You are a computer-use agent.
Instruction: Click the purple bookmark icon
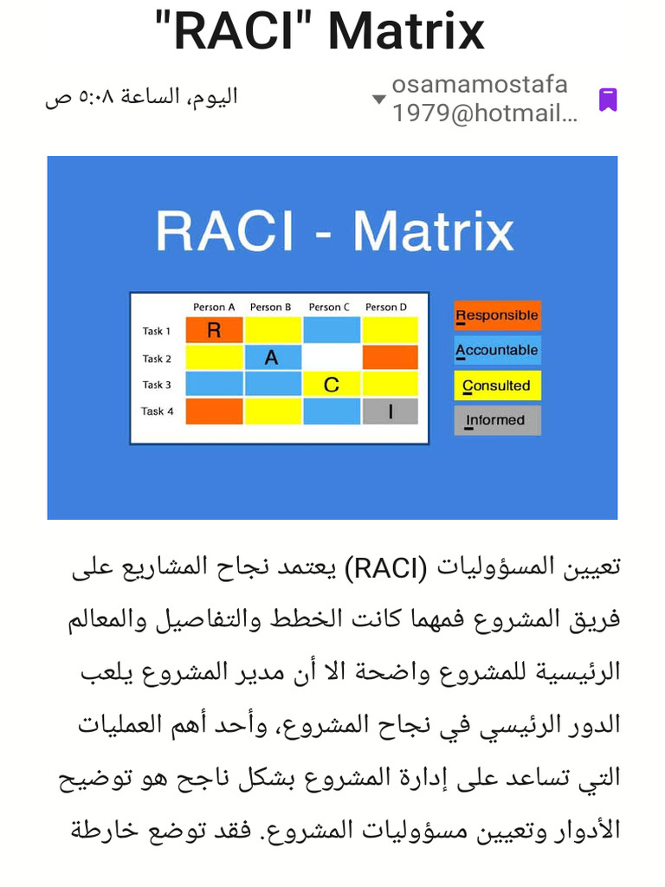[x=608, y=100]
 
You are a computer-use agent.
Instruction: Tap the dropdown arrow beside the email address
[x=378, y=99]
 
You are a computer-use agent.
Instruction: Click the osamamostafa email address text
[x=481, y=99]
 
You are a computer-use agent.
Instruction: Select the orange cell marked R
[x=214, y=330]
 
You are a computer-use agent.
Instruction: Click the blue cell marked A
[x=272, y=358]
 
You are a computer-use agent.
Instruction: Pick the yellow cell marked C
[x=331, y=385]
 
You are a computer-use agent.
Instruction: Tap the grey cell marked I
[x=390, y=411]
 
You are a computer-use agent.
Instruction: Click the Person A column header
[x=214, y=307]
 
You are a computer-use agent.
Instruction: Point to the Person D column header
[x=386, y=307]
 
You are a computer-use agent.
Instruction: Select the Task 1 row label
[x=157, y=331]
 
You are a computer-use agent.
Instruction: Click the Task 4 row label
[x=157, y=411]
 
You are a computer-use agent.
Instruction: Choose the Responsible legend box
[x=497, y=315]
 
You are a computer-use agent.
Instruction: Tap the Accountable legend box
[x=497, y=350]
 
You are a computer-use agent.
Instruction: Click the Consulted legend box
[x=497, y=385]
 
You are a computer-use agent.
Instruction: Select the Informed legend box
[x=497, y=420]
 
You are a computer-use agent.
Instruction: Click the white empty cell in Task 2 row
[x=331, y=358]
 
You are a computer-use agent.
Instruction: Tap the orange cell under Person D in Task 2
[x=390, y=358]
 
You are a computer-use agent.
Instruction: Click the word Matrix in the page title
[x=406, y=31]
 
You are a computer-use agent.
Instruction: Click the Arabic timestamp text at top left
[x=141, y=97]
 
